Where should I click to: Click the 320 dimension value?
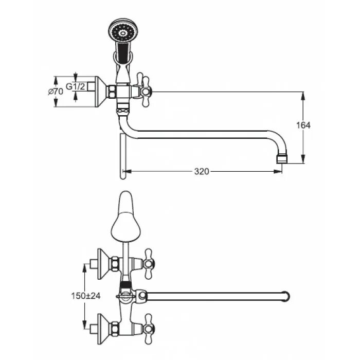tap(202, 171)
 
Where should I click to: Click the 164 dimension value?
tap(304, 125)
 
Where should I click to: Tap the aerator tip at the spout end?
tap(281, 157)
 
